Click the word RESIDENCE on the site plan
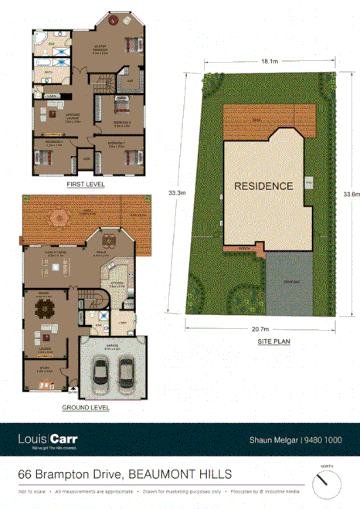263,186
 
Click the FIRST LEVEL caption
86,185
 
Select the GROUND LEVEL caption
86,408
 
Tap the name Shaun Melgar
271,440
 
